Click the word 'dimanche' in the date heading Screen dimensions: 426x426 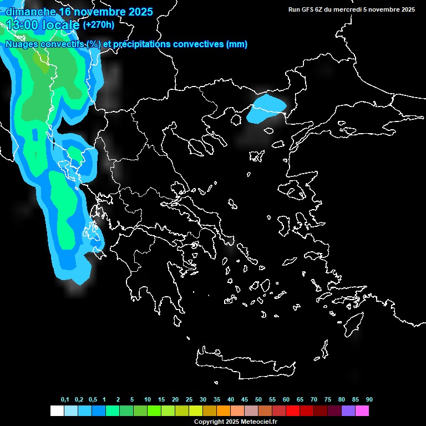click(30, 12)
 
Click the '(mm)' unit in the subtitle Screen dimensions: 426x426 click(237, 44)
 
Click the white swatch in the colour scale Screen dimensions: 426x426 click(57, 411)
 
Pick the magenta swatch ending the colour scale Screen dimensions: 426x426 click(362, 411)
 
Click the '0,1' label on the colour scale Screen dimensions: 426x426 click(65, 400)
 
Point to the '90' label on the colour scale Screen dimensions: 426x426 click(369, 400)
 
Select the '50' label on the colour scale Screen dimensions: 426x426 click(258, 400)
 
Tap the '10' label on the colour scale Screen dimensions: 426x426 click(148, 400)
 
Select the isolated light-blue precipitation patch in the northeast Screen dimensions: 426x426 click(266, 107)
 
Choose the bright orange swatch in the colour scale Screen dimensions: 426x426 click(224, 411)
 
